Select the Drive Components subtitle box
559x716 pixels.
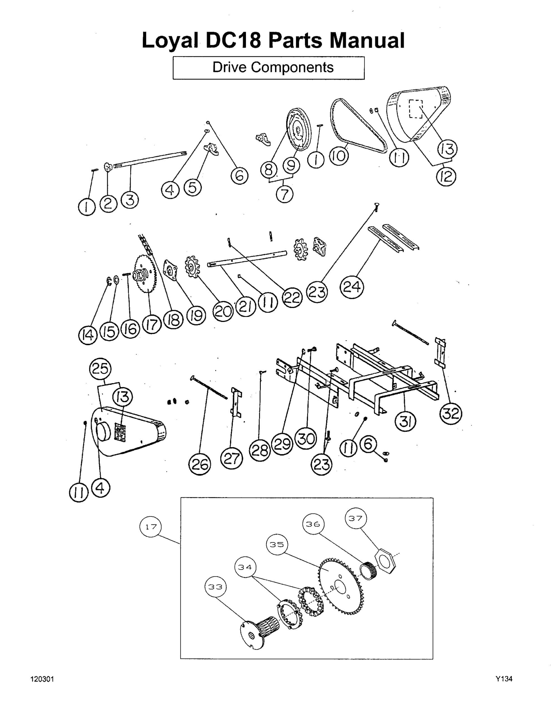pos(269,68)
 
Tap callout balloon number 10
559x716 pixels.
pos(339,156)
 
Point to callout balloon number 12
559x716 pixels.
pos(446,177)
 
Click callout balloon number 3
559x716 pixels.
pos(130,200)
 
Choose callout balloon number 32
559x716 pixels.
pos(451,413)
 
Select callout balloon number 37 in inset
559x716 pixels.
pos(356,518)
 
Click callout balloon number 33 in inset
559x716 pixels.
pos(215,587)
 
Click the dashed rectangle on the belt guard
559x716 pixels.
pos(415,109)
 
